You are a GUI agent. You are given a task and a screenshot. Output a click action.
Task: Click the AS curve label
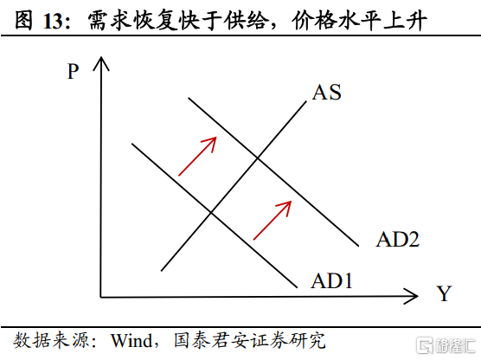(327, 92)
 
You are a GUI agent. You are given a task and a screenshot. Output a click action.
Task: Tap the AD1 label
(332, 280)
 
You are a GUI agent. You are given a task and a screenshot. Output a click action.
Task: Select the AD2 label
(398, 240)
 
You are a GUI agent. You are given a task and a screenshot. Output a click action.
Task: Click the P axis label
(73, 72)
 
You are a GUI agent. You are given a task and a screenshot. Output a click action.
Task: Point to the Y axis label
(445, 293)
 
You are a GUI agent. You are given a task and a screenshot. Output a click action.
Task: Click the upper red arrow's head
(212, 141)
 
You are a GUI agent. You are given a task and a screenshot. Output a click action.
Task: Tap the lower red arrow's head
(286, 206)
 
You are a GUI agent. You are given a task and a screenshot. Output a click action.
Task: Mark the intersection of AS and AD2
(258, 158)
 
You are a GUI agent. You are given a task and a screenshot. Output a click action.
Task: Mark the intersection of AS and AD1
(211, 212)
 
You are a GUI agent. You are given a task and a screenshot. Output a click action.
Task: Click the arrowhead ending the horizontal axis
(414, 296)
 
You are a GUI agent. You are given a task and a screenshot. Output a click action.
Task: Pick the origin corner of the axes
(101, 297)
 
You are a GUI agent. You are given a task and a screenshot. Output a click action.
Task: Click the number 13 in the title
(53, 22)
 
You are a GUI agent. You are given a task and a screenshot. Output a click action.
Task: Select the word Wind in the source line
(131, 340)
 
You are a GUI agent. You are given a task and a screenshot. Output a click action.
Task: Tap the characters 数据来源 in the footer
(52, 340)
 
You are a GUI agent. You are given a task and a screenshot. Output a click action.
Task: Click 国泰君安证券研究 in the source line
(250, 340)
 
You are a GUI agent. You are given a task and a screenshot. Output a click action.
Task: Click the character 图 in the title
(23, 21)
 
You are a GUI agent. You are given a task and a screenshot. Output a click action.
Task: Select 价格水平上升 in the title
(359, 21)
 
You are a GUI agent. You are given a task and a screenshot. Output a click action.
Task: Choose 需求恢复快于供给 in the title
(177, 21)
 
